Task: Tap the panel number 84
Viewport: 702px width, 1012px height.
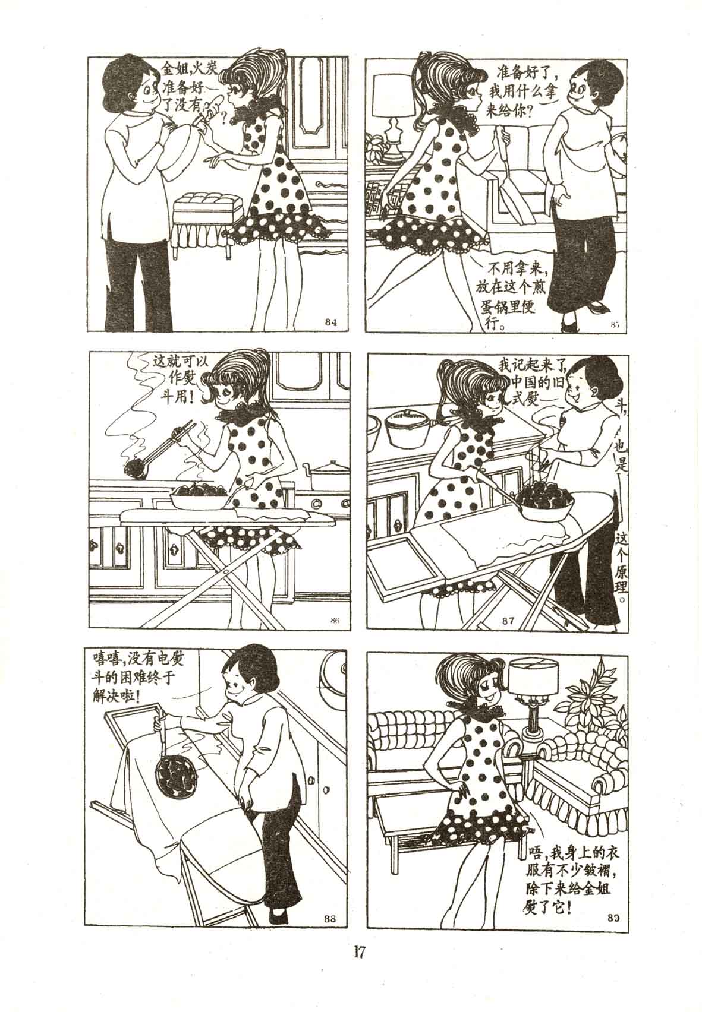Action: tap(330, 322)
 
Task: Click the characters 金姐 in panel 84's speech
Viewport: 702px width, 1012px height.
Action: tap(175, 70)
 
